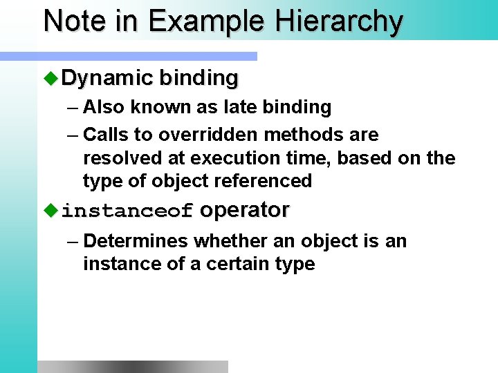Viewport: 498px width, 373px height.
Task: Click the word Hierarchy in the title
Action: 339,21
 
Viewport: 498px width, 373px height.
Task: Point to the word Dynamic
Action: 107,78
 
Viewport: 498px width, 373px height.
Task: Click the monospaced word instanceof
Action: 127,211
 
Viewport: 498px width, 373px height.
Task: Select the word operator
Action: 244,210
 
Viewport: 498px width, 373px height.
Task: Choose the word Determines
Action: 136,241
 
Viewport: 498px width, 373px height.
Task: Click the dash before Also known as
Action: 73,108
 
